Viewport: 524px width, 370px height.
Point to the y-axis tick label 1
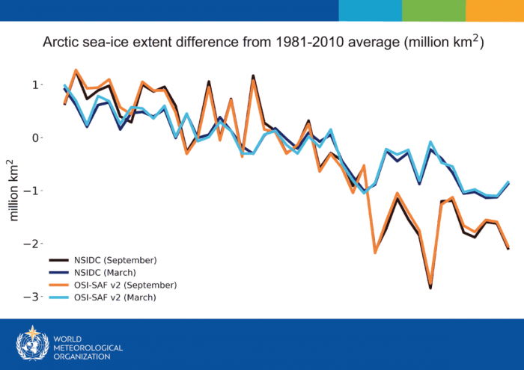point(33,85)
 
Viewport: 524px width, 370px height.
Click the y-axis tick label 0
point(33,138)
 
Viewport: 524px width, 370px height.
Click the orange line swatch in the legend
point(59,285)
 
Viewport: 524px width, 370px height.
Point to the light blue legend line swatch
point(59,297)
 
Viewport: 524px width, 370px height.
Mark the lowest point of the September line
point(430,286)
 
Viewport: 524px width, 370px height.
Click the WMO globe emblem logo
point(31,343)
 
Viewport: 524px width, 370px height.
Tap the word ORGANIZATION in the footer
point(83,357)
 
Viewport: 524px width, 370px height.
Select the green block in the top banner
point(433,10)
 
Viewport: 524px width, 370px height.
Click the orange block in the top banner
point(495,10)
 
